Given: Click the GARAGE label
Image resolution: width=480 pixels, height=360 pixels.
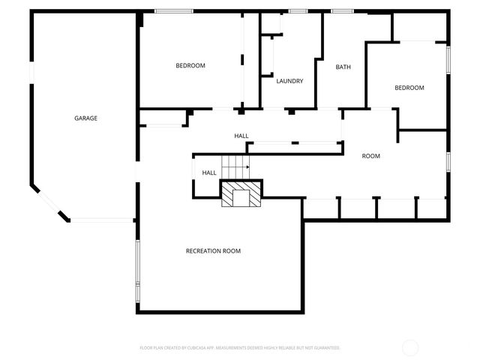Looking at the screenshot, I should (85, 118).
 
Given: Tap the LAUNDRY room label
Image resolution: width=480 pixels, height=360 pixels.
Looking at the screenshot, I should (289, 81).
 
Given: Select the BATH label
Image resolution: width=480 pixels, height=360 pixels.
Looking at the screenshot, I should (343, 67).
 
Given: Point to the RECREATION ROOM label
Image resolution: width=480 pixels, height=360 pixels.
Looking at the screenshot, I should (213, 250).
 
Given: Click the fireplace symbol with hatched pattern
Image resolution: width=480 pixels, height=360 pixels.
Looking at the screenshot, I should (241, 193).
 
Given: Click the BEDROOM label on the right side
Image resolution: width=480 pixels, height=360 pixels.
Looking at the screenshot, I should (409, 88).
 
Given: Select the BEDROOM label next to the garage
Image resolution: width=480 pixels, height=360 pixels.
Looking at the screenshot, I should (190, 65).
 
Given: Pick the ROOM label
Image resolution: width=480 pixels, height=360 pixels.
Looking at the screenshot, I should (371, 156).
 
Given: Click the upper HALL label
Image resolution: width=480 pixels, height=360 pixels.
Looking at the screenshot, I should (241, 136).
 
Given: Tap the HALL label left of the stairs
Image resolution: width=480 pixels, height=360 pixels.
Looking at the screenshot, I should (209, 172).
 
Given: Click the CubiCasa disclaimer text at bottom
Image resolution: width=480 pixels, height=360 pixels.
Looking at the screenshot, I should (240, 348).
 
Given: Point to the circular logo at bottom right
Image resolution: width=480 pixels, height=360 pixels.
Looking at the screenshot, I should (410, 347).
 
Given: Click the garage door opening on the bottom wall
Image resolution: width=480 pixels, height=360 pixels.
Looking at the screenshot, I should (103, 220).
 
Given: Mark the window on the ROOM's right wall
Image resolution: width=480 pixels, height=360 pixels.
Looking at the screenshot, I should (448, 162).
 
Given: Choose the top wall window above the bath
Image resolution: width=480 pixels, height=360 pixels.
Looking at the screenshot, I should (342, 10).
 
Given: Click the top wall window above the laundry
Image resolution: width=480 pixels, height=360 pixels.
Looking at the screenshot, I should (298, 10).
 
